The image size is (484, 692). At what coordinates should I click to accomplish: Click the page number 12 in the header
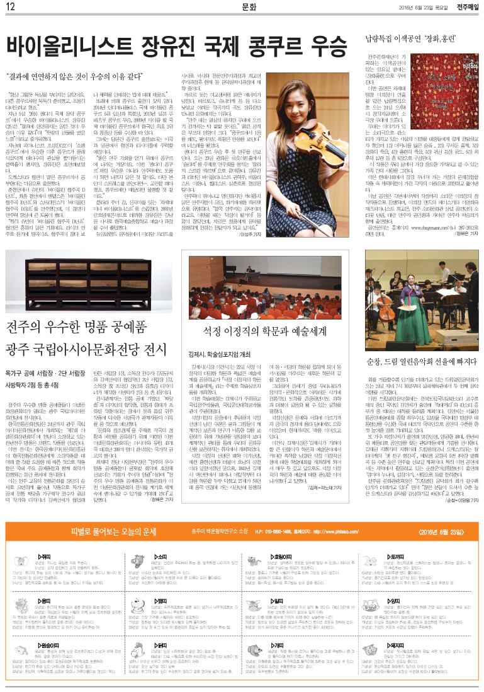11,7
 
